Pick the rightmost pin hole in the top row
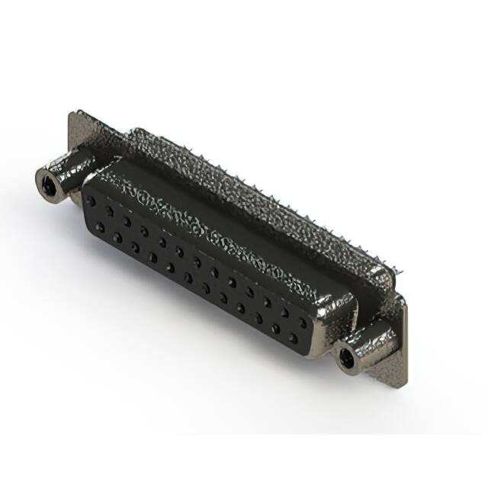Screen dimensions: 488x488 coord(303,323)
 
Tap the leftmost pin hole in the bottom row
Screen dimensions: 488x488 coord(99,226)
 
